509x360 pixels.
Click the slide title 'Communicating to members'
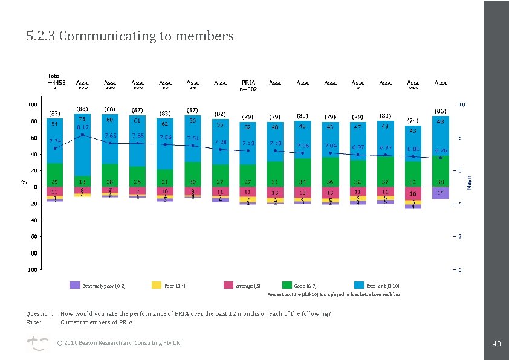[130, 36]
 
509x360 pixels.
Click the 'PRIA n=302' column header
[248, 85]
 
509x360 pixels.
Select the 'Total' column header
[55, 79]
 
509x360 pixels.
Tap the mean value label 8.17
[83, 127]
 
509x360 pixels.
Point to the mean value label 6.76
[441, 150]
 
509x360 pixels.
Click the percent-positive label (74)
[413, 120]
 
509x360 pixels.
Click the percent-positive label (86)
[441, 111]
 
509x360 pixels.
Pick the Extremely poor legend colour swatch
[75, 285]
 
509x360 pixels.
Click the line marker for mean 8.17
[83, 135]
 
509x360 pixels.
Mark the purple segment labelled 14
[441, 193]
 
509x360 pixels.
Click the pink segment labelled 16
[413, 194]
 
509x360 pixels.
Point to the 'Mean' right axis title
[469, 182]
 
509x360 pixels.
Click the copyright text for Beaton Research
[118, 343]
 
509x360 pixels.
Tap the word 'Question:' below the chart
[39, 314]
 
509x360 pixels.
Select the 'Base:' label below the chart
[34, 322]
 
